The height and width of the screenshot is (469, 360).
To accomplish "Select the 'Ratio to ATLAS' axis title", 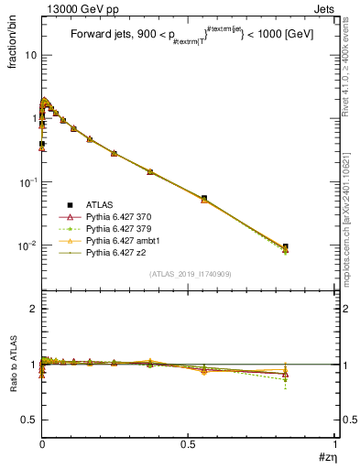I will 13,365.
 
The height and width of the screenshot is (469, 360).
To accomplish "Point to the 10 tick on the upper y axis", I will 31,55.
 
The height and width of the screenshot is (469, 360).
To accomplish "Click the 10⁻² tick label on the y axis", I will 27,245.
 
